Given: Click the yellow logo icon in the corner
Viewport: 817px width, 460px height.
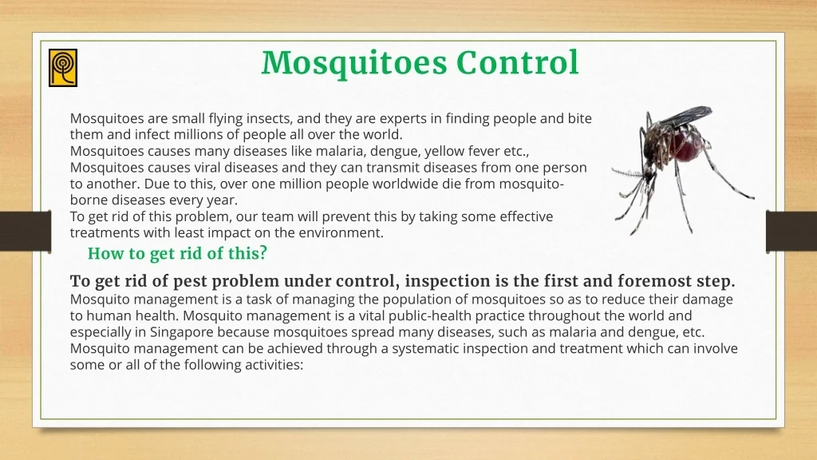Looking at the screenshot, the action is pyautogui.click(x=63, y=68).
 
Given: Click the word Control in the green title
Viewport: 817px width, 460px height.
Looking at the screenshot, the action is pyautogui.click(x=517, y=62).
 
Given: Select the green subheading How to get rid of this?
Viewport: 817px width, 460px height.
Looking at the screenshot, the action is pyautogui.click(x=177, y=253).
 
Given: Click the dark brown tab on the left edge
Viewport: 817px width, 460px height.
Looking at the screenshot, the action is pyautogui.click(x=26, y=232).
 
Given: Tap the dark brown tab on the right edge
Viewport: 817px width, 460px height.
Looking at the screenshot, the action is pyautogui.click(x=791, y=232).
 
